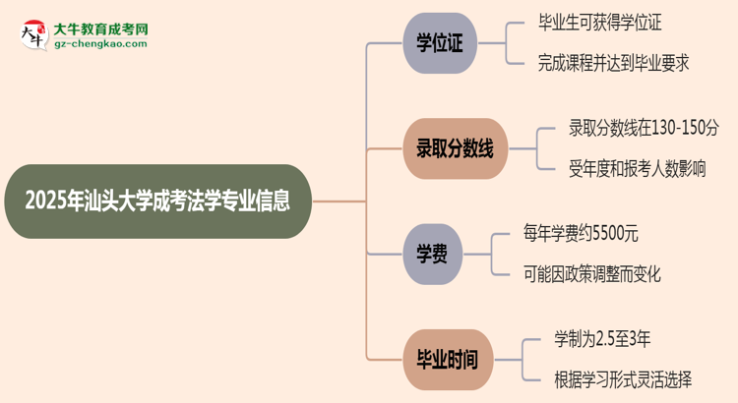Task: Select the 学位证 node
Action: coord(439,44)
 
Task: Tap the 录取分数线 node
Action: coord(454,148)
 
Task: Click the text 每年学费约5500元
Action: coord(582,234)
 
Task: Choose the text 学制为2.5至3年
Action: coord(601,339)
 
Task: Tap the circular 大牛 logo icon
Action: coord(32,35)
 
